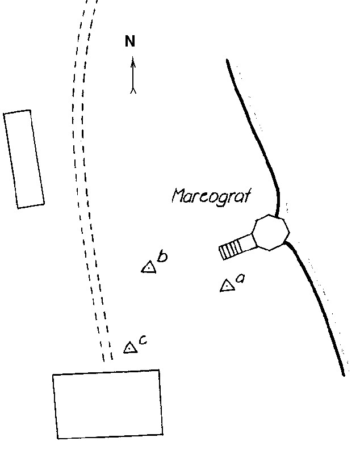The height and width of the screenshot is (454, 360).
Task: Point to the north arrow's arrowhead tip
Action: pos(133,57)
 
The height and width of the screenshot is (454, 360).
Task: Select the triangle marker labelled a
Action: pos(227,285)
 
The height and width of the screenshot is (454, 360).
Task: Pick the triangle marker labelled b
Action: pos(149,267)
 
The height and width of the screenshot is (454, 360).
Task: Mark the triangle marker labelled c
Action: pos(131,347)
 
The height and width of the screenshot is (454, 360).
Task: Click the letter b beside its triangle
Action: pos(162,257)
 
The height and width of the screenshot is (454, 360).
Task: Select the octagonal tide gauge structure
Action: pos(271,232)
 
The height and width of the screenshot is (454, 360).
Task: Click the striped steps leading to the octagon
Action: pos(230,250)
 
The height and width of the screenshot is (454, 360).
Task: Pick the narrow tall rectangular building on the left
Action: pos(24,159)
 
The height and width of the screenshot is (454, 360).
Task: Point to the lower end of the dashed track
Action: pos(107,359)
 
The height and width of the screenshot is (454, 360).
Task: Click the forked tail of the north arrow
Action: pos(133,90)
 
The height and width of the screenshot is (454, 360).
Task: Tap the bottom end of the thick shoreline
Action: pos(344,375)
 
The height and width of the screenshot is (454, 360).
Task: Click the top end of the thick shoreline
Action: pos(227,61)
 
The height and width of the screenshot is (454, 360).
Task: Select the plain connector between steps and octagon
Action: pos(248,243)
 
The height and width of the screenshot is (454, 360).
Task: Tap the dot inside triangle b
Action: pos(149,268)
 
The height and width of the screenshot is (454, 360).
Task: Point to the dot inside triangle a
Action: pos(227,287)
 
